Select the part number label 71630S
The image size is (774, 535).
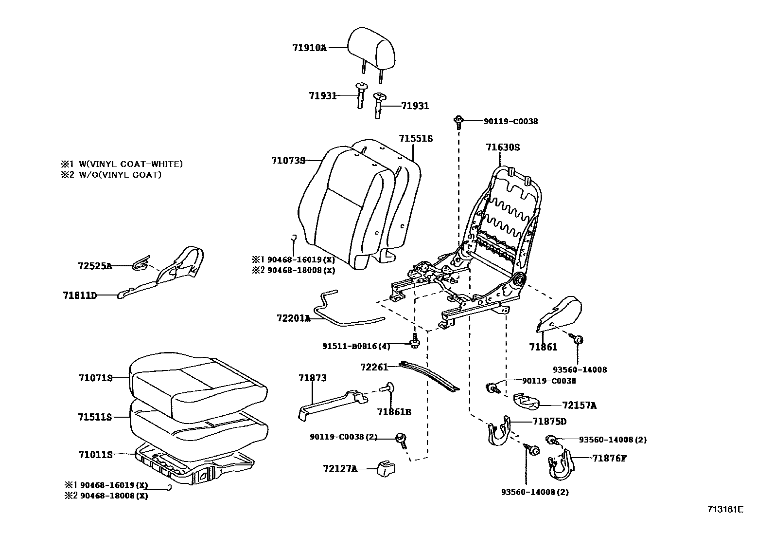(x=503, y=147)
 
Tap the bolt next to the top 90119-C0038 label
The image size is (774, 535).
(x=458, y=121)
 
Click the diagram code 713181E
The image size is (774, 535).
(x=725, y=510)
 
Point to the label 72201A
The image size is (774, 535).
(x=293, y=318)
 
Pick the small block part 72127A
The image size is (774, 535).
(x=386, y=469)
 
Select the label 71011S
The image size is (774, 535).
(x=95, y=455)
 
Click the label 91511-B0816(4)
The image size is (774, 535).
(x=356, y=346)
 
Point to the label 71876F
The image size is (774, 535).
(x=609, y=458)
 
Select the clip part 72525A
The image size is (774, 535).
(x=141, y=264)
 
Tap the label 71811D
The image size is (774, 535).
(x=79, y=295)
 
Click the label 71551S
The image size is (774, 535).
(x=416, y=139)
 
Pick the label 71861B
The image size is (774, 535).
(x=394, y=412)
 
